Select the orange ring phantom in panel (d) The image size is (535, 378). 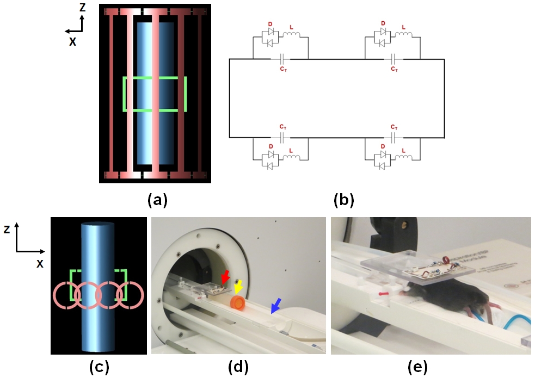(x=238, y=303)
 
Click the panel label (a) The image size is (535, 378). (x=158, y=200)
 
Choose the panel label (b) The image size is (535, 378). (x=344, y=200)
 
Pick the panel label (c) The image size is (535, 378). (x=99, y=367)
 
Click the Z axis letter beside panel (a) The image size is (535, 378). (x=82, y=8)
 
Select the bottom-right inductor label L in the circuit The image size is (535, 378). (x=403, y=150)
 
